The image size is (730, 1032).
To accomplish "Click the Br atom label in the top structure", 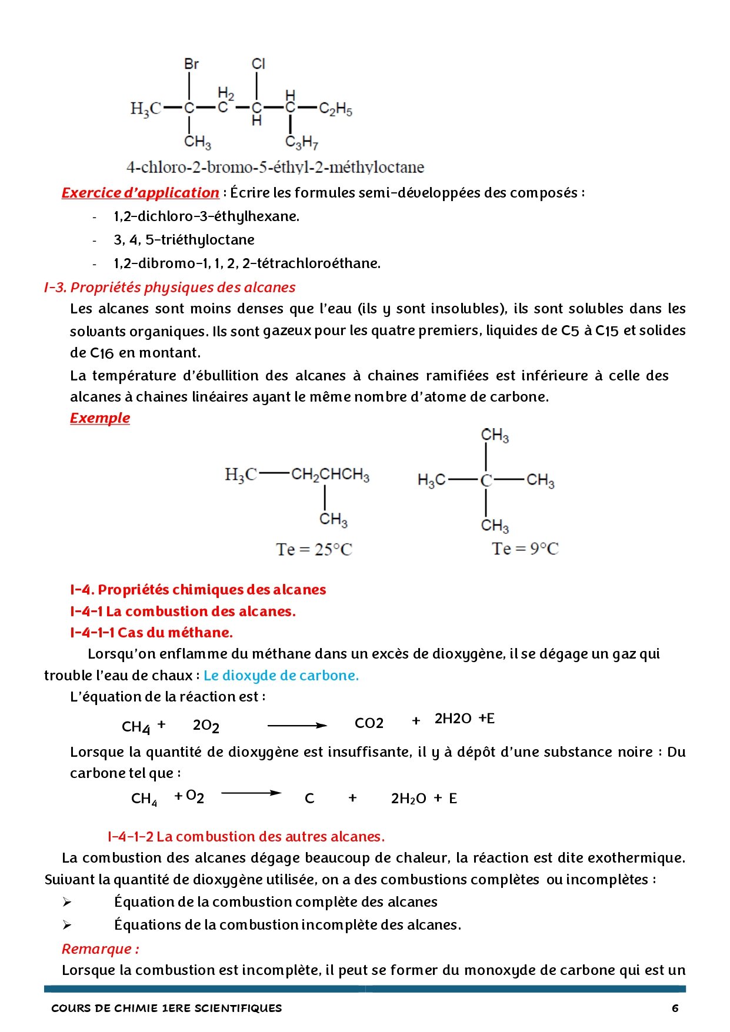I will coord(191,64).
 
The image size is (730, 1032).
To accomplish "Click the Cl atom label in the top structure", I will coord(258,64).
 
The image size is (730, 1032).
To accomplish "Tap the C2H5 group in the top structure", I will coord(335,109).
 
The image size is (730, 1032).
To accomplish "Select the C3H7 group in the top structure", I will coord(301,142).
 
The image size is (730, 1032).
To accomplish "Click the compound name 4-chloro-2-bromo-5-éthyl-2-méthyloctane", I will coord(275,168).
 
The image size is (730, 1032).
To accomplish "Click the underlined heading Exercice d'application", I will coord(140,193).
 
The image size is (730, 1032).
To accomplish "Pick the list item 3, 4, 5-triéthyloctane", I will coord(184,240).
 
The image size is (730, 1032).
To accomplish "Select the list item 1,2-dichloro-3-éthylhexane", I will coord(206,216).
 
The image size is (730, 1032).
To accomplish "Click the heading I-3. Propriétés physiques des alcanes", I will coord(169,288).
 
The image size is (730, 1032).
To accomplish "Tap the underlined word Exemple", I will coord(99,418).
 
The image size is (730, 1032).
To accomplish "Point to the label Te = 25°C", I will coord(314,550).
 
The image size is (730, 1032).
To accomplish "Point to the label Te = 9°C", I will coord(525,549).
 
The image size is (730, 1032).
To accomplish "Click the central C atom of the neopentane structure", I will coord(486,480).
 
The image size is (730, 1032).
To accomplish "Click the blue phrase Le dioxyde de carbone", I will coord(281,676).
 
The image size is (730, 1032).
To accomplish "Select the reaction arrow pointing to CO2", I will coord(297,726).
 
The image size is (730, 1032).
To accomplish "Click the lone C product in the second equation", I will coord(309,799).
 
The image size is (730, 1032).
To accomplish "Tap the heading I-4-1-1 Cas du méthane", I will coord(151,633).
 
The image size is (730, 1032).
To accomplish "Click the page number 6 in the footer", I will coord(675,1008).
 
